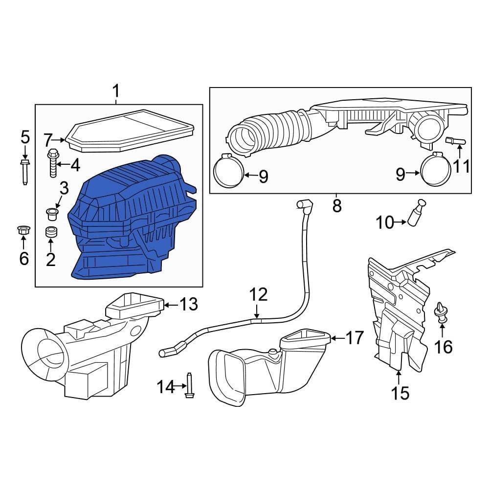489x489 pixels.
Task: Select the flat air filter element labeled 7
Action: click(x=129, y=131)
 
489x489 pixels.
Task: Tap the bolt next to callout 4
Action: click(x=53, y=163)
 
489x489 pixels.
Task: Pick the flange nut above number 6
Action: click(x=23, y=231)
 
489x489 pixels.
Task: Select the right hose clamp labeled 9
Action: click(x=436, y=169)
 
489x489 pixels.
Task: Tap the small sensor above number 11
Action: click(x=455, y=141)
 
